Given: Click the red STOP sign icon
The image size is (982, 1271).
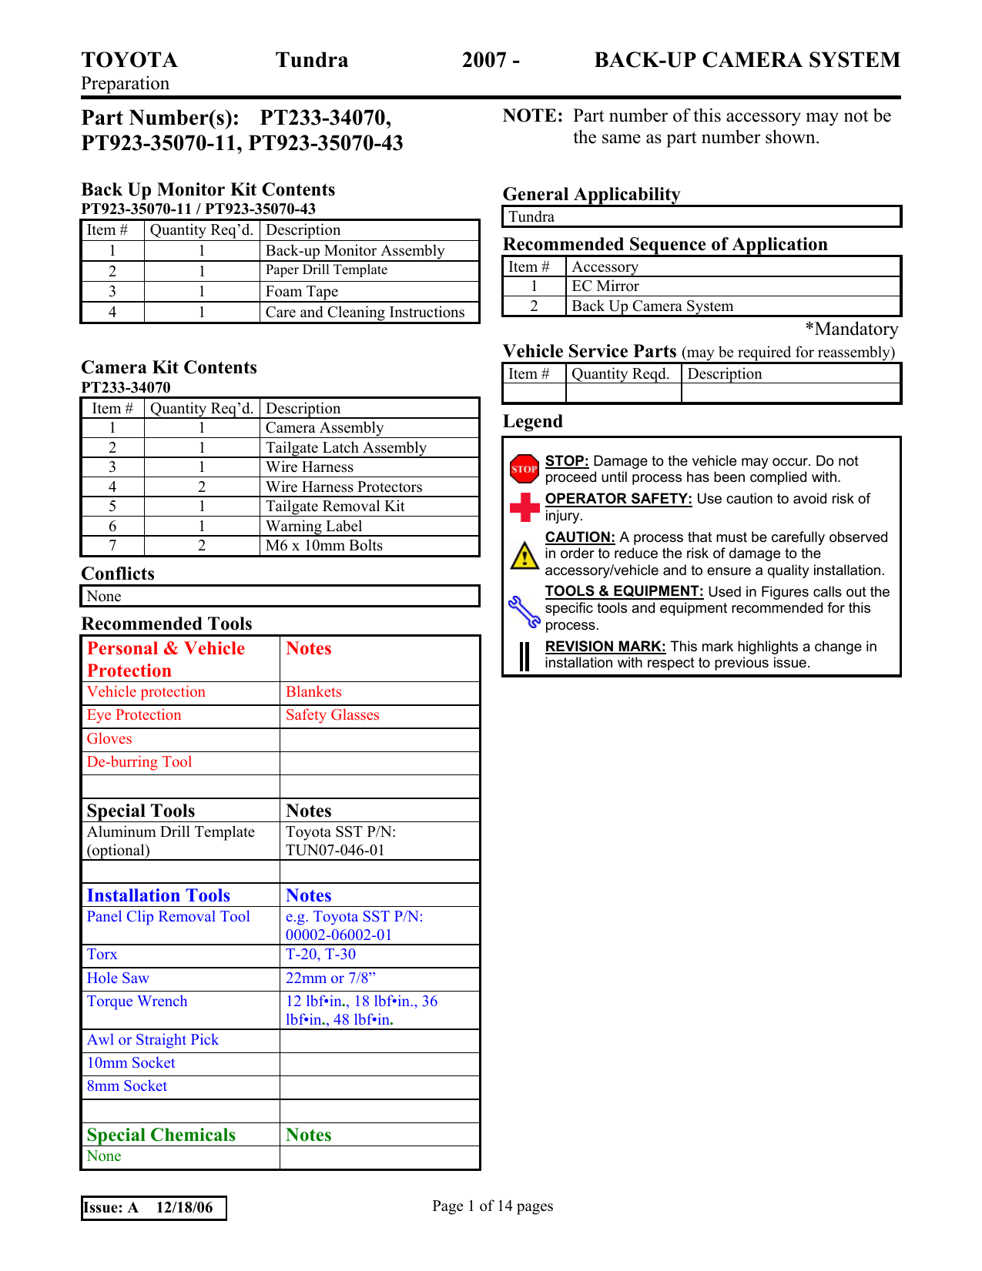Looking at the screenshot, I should click(525, 468).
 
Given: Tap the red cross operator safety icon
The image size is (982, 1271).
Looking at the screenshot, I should click(525, 507).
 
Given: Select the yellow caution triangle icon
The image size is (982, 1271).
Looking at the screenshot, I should click(525, 555).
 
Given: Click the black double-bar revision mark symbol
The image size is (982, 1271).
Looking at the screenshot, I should click(525, 656).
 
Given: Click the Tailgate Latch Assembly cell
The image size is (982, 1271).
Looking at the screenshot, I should click(346, 448).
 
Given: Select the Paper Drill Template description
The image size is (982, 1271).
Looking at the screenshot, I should click(327, 270).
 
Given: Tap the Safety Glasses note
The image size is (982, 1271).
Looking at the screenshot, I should click(333, 715).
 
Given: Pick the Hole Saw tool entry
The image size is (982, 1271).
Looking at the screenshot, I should click(118, 978).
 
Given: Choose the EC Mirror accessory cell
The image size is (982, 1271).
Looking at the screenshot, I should click(605, 286).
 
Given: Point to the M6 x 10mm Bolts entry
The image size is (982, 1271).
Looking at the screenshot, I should click(324, 546).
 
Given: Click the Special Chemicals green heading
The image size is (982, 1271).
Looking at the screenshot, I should click(161, 1136).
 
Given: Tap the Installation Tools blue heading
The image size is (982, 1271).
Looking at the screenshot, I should click(159, 896).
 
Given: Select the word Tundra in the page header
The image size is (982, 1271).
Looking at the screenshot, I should click(312, 60).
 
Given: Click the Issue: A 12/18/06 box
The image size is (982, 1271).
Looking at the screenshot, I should click(153, 1208).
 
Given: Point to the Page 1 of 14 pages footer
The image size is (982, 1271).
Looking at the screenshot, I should click(492, 1206).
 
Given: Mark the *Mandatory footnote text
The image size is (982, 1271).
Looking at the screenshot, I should click(852, 329).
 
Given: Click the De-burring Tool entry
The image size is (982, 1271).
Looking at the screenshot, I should click(139, 762).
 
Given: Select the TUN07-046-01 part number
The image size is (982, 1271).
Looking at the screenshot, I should click(335, 851).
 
